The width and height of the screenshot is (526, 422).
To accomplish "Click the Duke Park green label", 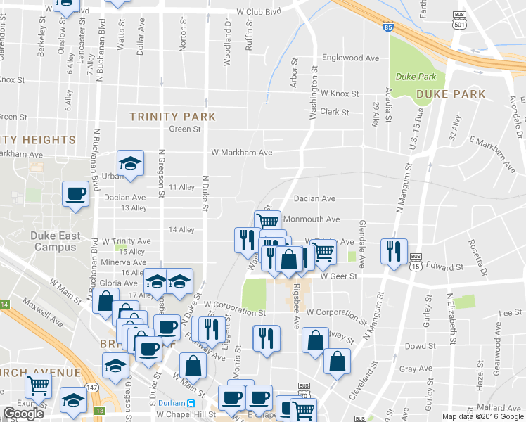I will (416, 77).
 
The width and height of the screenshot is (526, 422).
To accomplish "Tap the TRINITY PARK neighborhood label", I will (172, 116).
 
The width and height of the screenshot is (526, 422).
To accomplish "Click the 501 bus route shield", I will (461, 20).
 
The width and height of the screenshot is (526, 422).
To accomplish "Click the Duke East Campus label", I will (56, 241).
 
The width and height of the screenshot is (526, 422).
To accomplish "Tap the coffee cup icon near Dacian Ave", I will (75, 194).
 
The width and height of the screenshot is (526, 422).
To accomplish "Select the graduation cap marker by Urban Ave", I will (130, 165).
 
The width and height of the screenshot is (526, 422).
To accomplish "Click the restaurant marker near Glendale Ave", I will (392, 250).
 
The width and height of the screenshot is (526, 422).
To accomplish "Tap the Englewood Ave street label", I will (349, 58).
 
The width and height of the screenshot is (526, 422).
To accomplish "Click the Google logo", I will (24, 414).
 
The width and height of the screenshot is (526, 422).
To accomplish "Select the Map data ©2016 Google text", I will (482, 416).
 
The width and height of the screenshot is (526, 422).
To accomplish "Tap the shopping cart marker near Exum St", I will (38, 385).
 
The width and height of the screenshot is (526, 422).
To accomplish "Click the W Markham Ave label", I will (241, 152).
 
